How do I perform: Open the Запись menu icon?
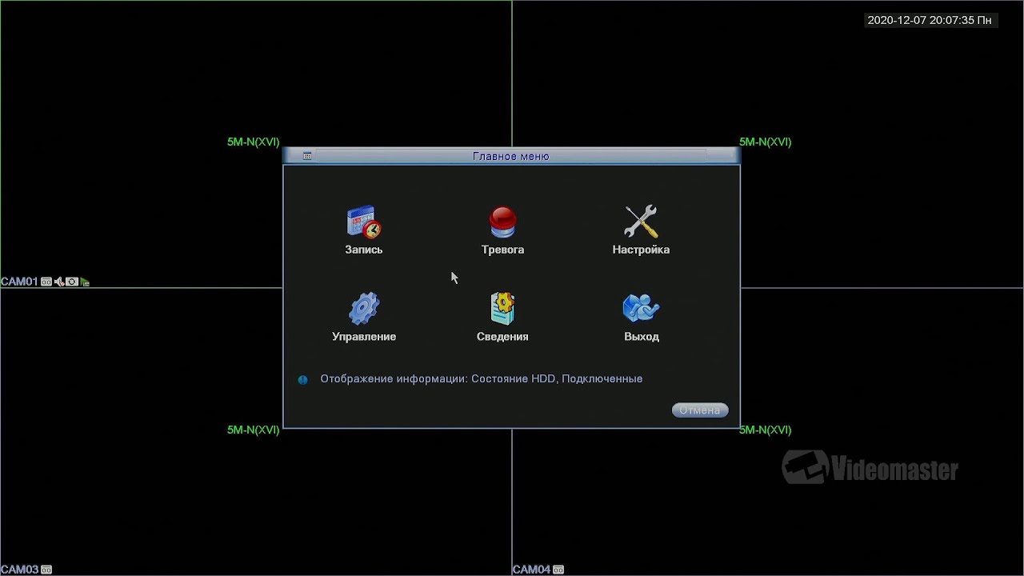tap(364, 222)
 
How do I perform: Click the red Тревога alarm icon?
tap(502, 222)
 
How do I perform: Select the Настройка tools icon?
tap(641, 222)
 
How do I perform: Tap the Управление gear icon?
tap(364, 309)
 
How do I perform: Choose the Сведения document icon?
tap(502, 309)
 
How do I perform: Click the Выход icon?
tap(641, 308)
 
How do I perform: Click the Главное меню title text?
tap(510, 156)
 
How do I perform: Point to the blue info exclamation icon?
tap(302, 379)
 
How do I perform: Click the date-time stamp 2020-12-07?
tap(897, 20)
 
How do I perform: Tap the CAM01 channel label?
tap(19, 282)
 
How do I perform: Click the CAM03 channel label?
tap(20, 569)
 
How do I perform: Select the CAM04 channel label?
tap(532, 569)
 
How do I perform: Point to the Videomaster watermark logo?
tap(870, 467)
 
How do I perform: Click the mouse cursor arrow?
tap(454, 278)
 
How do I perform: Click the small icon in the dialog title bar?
tap(307, 156)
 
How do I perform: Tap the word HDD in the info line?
tap(543, 378)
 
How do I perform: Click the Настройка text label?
tap(641, 250)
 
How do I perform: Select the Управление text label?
tap(364, 337)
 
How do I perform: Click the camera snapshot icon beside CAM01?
tap(72, 282)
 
